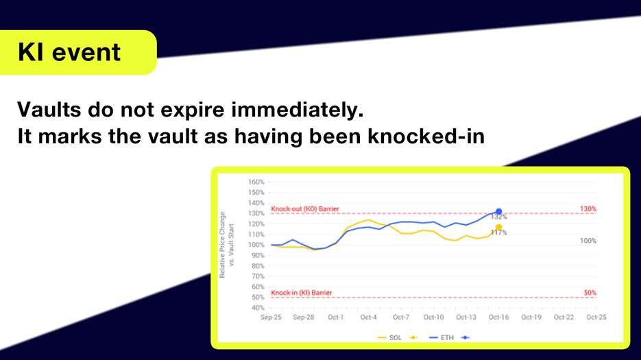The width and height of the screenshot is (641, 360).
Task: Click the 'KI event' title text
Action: [x=69, y=52]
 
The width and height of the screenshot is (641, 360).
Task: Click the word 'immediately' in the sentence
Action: [x=298, y=110]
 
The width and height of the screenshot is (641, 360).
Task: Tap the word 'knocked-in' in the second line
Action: [x=426, y=136]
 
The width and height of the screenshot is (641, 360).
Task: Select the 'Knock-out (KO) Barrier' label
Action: [x=305, y=208]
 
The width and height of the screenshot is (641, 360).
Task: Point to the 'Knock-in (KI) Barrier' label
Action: [x=301, y=293]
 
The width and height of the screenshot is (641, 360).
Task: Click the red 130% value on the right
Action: [x=588, y=208]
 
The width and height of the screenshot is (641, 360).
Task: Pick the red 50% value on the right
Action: [x=590, y=293]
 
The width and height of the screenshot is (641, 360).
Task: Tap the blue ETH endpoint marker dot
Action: [x=498, y=211]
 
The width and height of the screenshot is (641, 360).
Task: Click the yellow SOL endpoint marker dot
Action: [x=498, y=227]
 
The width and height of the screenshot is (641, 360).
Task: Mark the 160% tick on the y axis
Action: [x=256, y=182]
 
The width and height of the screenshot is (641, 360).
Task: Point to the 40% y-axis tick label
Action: [x=258, y=308]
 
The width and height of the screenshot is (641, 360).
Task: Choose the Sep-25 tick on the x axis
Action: [x=271, y=317]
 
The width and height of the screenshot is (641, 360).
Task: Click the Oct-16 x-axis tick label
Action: [x=498, y=317]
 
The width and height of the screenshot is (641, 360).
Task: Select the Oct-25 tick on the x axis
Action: [x=596, y=317]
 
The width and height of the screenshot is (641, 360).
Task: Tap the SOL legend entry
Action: [x=390, y=337]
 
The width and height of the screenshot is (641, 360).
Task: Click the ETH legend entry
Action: [x=442, y=337]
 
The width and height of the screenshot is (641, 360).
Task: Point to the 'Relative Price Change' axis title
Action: [x=222, y=245]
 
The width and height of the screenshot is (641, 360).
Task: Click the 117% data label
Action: [x=498, y=232]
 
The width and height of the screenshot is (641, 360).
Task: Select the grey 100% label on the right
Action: [x=588, y=241]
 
